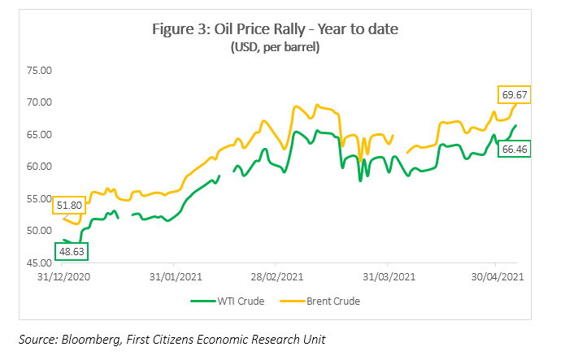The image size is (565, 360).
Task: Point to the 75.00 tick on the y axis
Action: pyautogui.click(x=39, y=71)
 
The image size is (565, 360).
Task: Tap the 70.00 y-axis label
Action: pyautogui.click(x=39, y=102)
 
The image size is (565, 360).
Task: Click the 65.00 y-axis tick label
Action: pyautogui.click(x=39, y=135)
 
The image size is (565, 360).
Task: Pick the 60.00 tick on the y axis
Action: pyautogui.click(x=39, y=167)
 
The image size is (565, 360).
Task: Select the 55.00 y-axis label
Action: pyautogui.click(x=39, y=199)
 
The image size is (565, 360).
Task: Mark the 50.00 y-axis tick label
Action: pyautogui.click(x=39, y=231)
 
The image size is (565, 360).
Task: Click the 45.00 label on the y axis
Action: pyautogui.click(x=39, y=263)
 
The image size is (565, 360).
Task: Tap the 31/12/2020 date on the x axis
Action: pyautogui.click(x=63, y=276)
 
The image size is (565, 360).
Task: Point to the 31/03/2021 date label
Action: pyautogui.click(x=387, y=276)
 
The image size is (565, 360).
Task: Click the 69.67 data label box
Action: pyautogui.click(x=514, y=95)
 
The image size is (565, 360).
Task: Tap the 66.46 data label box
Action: pyautogui.click(x=514, y=150)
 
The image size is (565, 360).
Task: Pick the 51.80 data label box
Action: pyautogui.click(x=69, y=206)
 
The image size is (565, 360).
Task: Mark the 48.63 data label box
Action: pyautogui.click(x=72, y=252)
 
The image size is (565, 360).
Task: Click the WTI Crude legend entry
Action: pyautogui.click(x=231, y=301)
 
